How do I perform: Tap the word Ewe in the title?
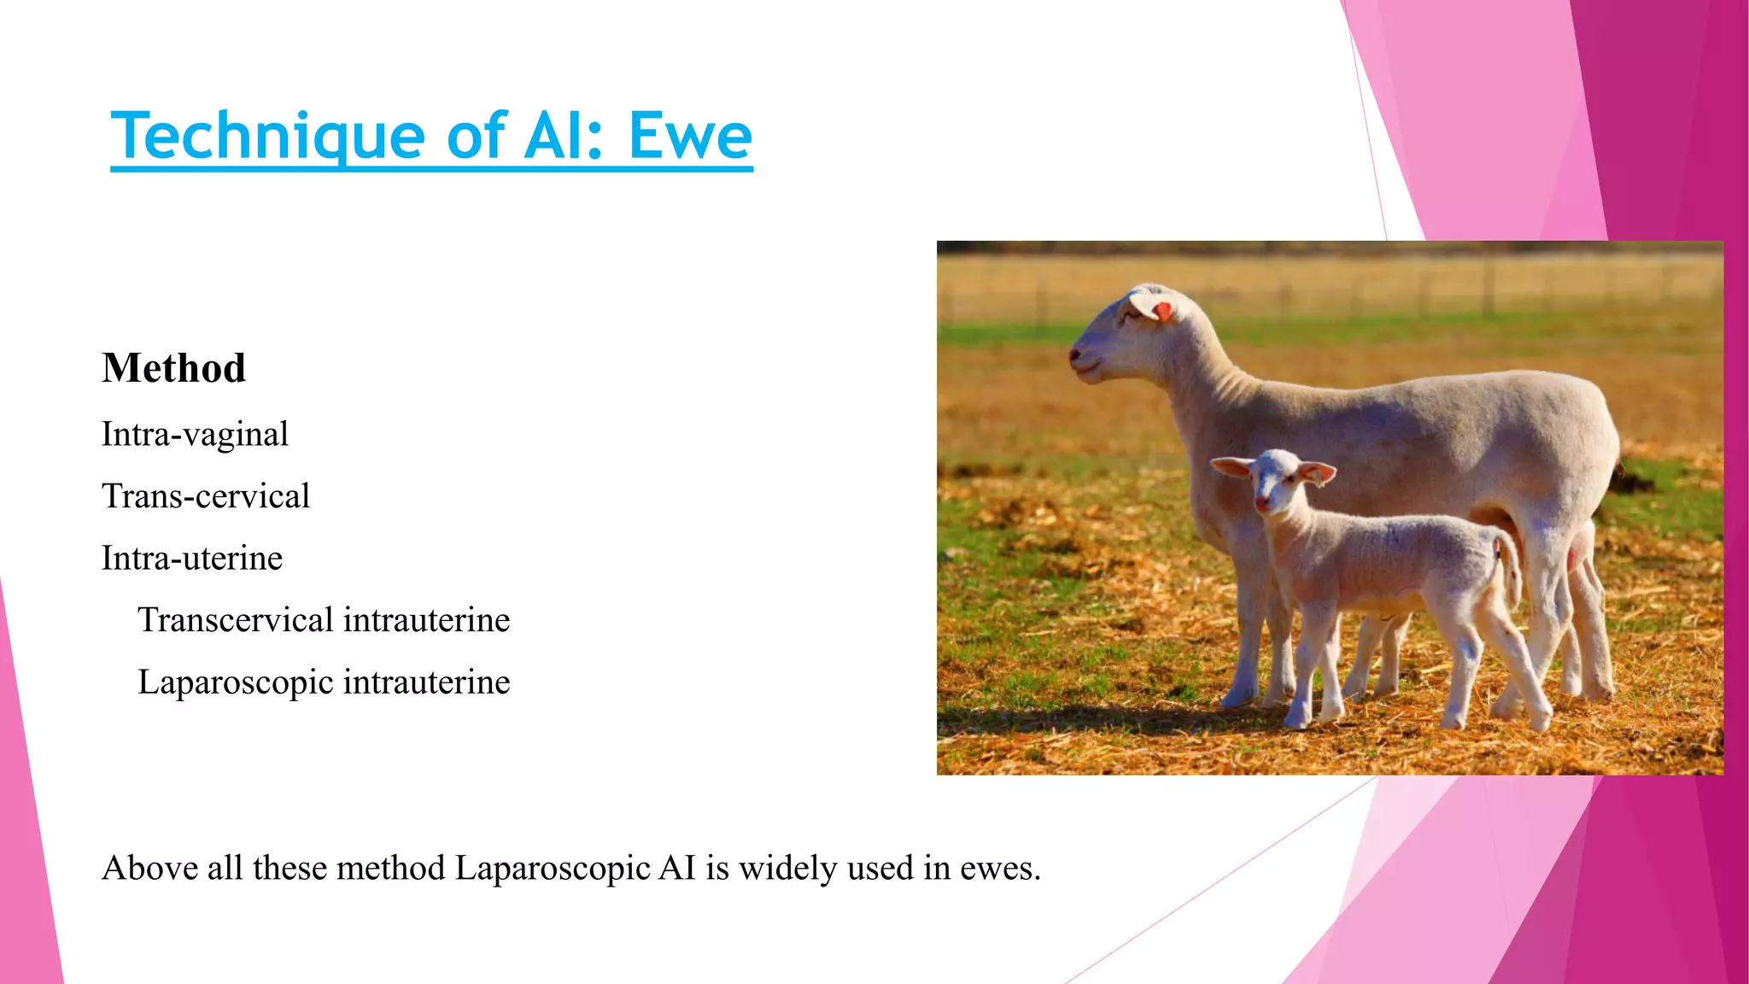[690, 137]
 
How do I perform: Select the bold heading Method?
[173, 369]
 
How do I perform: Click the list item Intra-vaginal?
[195, 435]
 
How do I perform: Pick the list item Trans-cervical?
[205, 496]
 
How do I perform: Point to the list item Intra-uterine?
[191, 559]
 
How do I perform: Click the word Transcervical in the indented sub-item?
[236, 620]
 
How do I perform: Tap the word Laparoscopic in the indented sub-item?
[236, 682]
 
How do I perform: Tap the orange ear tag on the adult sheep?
[1162, 312]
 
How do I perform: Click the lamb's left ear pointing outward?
[1232, 466]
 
